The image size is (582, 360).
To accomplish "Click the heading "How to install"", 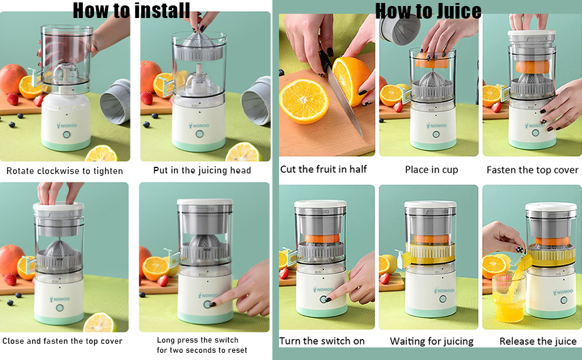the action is tap(131, 10).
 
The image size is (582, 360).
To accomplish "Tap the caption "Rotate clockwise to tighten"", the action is tap(65, 171).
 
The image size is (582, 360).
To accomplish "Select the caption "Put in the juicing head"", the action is tap(202, 170).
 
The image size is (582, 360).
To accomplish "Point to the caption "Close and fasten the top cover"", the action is tap(62, 341).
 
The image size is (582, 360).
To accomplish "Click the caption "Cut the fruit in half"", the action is tap(323, 169).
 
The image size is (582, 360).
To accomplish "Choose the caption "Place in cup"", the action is tap(431, 170).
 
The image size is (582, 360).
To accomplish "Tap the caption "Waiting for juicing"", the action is tap(431, 341).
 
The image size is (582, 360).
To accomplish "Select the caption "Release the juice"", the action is tap(538, 341).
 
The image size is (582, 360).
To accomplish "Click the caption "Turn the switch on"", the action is tap(322, 341).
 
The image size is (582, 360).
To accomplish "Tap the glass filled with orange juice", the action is tap(509, 297).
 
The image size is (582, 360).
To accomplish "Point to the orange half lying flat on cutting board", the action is tap(304, 101).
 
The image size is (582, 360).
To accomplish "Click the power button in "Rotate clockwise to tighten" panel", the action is tap(67, 134).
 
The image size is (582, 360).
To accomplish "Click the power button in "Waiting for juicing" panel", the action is tap(442, 299).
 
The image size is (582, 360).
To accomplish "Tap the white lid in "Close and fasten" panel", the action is tap(59, 208).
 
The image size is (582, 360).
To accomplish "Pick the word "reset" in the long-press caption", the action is tap(238, 350).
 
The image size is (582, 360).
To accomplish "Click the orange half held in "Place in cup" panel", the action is tap(432, 61).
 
